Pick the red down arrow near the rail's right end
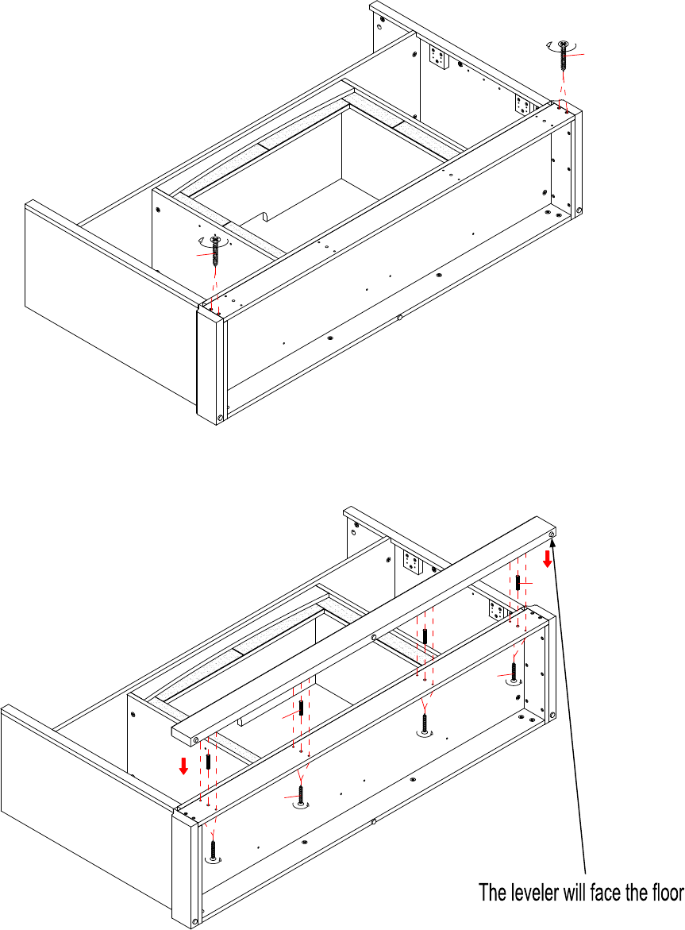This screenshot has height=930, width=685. (x=548, y=558)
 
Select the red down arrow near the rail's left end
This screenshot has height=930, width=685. (x=183, y=766)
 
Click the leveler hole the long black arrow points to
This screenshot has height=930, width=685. (x=552, y=535)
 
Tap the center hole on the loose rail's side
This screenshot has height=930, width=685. (x=374, y=638)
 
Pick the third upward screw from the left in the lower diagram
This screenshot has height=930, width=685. (x=425, y=725)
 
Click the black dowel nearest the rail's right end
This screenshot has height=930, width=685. (x=518, y=582)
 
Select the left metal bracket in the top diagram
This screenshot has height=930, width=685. (x=439, y=57)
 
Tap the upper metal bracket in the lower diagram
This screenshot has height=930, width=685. (x=413, y=561)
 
